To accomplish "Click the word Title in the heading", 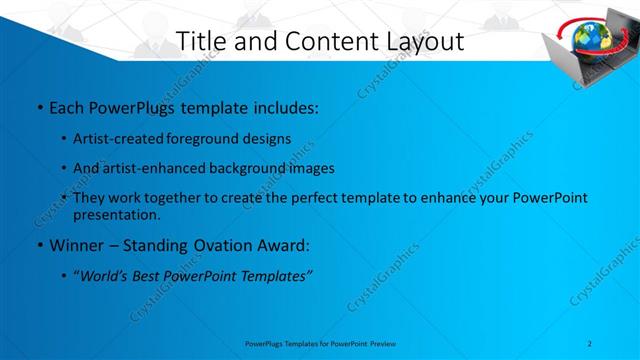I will tap(198, 42).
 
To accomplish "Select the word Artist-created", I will tap(112, 138).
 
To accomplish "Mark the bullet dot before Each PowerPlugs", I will tap(38, 105).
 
